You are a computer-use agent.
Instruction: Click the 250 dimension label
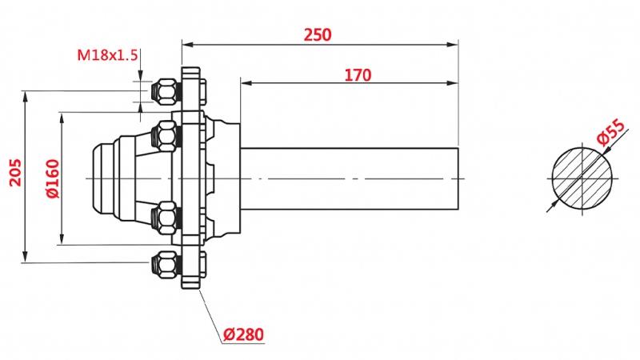(x=318, y=34)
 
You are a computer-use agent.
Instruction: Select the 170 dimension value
(x=358, y=75)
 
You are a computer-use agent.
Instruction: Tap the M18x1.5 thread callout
(x=108, y=55)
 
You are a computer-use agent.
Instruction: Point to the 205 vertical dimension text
(x=15, y=171)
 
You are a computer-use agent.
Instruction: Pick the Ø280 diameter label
(x=243, y=333)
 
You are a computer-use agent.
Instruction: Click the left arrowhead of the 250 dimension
(x=186, y=42)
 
